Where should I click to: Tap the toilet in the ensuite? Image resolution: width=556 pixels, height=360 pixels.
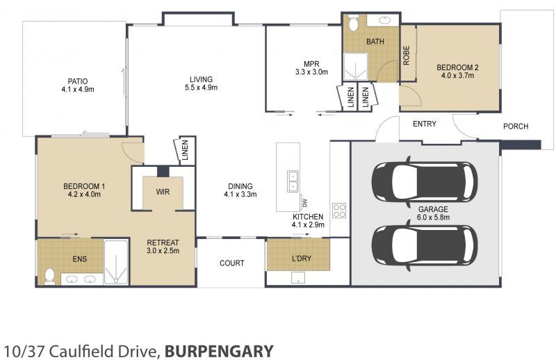pos(49,275)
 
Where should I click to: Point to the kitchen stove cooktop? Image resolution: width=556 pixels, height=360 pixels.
pos(339,210)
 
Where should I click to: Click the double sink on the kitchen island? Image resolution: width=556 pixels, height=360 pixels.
pos(293,181)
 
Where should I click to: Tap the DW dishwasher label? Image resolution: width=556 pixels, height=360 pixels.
pos(304,203)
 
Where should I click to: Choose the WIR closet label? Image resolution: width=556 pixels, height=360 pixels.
pos(163,191)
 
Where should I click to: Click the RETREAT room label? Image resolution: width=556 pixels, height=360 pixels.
pos(163,243)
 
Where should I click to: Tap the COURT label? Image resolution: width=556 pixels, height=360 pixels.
pos(231,263)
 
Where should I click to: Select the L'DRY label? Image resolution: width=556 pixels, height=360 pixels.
pos(301,259)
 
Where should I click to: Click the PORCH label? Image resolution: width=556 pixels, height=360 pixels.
pos(516,126)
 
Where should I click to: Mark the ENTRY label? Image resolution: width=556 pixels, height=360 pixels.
pos(425,124)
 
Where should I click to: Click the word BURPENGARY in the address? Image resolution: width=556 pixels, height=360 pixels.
pos(219,351)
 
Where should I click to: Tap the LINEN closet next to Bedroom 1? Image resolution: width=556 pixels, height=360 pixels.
pos(186,151)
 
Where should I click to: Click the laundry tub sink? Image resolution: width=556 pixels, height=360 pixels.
pos(299,277)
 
